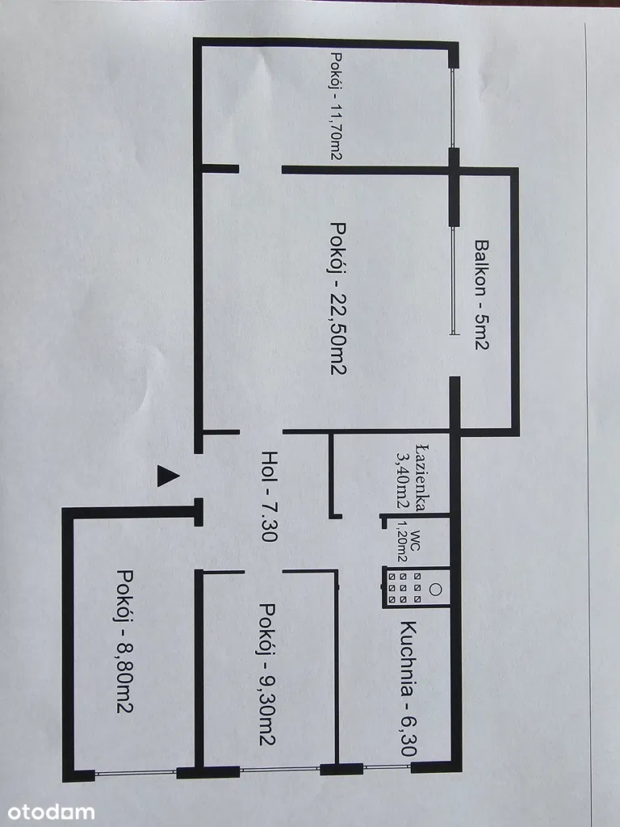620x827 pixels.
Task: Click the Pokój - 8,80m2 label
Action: click(124, 641)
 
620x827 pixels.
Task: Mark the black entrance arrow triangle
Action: click(166, 475)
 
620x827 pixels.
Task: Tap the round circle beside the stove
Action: click(436, 589)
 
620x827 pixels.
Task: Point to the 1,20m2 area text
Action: click(401, 546)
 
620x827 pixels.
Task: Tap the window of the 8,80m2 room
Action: click(135, 773)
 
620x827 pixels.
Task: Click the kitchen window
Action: click(386, 766)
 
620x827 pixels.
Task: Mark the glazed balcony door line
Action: click(453, 275)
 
